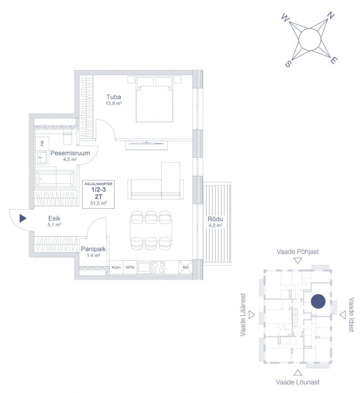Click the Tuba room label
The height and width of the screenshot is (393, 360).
(114, 97)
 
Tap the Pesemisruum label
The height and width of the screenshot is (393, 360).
(70, 153)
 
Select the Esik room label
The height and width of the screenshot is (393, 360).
(55, 218)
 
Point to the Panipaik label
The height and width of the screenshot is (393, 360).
(93, 249)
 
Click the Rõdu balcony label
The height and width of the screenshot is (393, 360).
(215, 219)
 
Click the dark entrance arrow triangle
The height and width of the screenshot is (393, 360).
(23, 218)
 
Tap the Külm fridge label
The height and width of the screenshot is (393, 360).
(116, 267)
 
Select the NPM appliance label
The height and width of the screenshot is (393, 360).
(130, 267)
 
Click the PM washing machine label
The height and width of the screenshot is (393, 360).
(42, 143)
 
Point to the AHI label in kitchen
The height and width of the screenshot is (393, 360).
(185, 267)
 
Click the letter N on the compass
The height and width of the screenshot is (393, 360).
(331, 16)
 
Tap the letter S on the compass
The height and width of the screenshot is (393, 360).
(288, 64)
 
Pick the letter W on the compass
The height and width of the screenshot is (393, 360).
(285, 18)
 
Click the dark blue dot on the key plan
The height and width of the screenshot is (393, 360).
(318, 302)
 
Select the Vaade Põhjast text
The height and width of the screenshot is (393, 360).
(298, 252)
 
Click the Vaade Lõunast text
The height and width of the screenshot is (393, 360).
(298, 382)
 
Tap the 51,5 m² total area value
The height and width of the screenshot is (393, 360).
(98, 203)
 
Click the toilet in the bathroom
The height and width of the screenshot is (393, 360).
(67, 138)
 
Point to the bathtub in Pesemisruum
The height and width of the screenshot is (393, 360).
(55, 179)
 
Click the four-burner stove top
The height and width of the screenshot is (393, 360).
(158, 267)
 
